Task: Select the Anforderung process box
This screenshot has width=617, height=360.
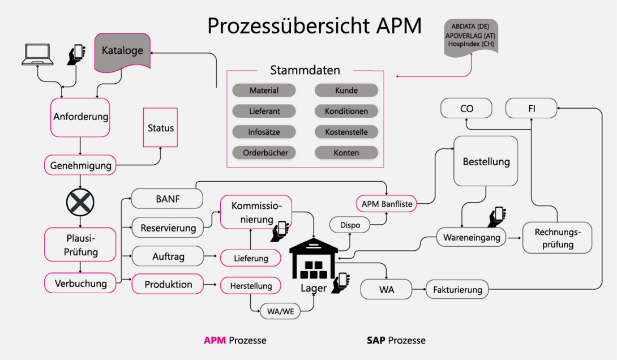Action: (80, 117)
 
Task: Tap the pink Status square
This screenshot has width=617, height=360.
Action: (161, 128)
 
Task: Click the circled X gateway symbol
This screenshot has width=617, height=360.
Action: (80, 202)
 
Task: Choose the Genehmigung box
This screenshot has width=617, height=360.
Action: (80, 166)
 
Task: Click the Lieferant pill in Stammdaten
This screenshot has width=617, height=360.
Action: (264, 112)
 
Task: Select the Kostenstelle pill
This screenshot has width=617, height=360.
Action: (346, 132)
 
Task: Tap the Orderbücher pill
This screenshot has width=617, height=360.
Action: (264, 153)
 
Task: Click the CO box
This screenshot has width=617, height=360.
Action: (466, 108)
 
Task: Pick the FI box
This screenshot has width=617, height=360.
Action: (531, 108)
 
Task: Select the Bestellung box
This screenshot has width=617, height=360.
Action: (486, 161)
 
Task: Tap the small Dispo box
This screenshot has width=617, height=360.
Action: (350, 225)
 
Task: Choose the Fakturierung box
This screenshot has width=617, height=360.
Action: (457, 290)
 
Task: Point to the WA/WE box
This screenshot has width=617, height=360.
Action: (280, 311)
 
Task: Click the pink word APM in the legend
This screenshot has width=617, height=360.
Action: (215, 340)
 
